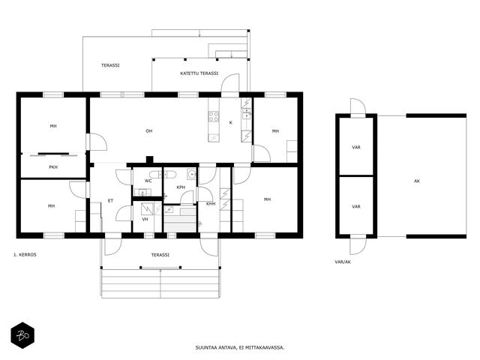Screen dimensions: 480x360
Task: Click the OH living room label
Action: (x=148, y=131)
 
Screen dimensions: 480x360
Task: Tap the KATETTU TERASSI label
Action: (x=199, y=73)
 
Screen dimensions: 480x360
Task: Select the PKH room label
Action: (x=53, y=167)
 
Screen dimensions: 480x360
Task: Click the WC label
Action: (x=148, y=181)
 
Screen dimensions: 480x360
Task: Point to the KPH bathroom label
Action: (x=181, y=187)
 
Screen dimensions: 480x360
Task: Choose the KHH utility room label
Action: (x=211, y=204)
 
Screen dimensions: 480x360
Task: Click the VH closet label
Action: (x=145, y=219)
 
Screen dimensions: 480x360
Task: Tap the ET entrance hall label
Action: (x=110, y=201)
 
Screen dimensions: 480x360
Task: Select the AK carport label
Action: (x=417, y=181)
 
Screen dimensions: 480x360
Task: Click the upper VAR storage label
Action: (x=356, y=148)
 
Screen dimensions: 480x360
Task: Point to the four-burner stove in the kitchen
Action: (x=214, y=116)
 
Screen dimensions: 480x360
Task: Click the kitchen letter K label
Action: (x=231, y=123)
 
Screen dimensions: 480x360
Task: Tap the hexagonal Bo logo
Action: (x=22, y=335)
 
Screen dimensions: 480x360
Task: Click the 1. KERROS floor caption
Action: (x=25, y=255)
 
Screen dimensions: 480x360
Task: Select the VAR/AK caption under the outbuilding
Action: (x=343, y=262)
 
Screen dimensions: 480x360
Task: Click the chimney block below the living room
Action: (x=149, y=160)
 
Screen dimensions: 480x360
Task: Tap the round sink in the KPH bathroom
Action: (x=192, y=175)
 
